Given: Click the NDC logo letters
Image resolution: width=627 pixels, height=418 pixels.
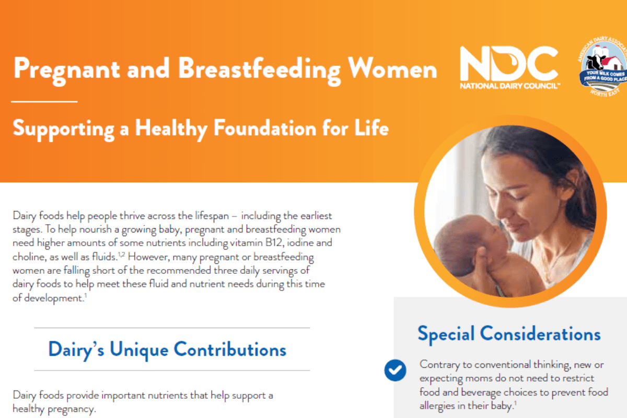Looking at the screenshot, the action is pyautogui.click(x=509, y=63).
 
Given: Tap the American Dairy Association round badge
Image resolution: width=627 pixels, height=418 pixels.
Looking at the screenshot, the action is pyautogui.click(x=603, y=67).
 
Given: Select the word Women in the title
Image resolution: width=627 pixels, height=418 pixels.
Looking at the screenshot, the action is pyautogui.click(x=392, y=68).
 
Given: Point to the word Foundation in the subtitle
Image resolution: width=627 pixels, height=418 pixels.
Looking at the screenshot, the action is pyautogui.click(x=265, y=129).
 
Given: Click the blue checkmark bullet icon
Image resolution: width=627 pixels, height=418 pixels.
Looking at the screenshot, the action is pyautogui.click(x=395, y=370).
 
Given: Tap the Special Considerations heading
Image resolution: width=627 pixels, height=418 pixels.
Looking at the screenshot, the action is pyautogui.click(x=509, y=334).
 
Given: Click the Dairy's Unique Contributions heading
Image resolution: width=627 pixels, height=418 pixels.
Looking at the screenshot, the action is pyautogui.click(x=167, y=350).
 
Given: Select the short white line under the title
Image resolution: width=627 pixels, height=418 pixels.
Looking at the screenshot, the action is pyautogui.click(x=44, y=102).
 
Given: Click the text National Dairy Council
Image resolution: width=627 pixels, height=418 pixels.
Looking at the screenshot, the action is pyautogui.click(x=510, y=86).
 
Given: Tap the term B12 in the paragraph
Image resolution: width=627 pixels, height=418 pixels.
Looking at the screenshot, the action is pyautogui.click(x=273, y=242).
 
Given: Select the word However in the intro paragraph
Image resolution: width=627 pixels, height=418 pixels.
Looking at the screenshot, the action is pyautogui.click(x=148, y=257).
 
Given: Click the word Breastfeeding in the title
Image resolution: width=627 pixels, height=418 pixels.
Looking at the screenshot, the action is pyautogui.click(x=259, y=70).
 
